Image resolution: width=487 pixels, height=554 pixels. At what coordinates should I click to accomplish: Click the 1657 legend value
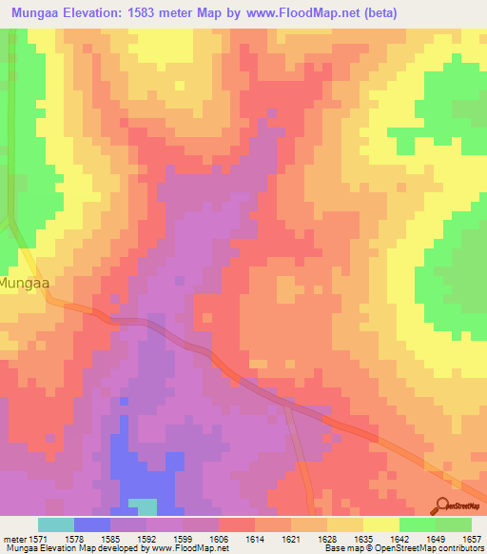(473, 539)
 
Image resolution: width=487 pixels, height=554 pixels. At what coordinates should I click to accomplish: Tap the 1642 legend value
(400, 539)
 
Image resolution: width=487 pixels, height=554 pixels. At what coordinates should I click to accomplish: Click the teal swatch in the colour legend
(56, 524)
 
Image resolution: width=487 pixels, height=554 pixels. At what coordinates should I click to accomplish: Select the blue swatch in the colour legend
(92, 524)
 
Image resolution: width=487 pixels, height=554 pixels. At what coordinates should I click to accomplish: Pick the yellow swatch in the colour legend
(381, 524)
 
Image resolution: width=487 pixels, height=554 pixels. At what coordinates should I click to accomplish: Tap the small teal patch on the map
(143, 506)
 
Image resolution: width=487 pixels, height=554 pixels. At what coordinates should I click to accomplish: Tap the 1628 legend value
(328, 539)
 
